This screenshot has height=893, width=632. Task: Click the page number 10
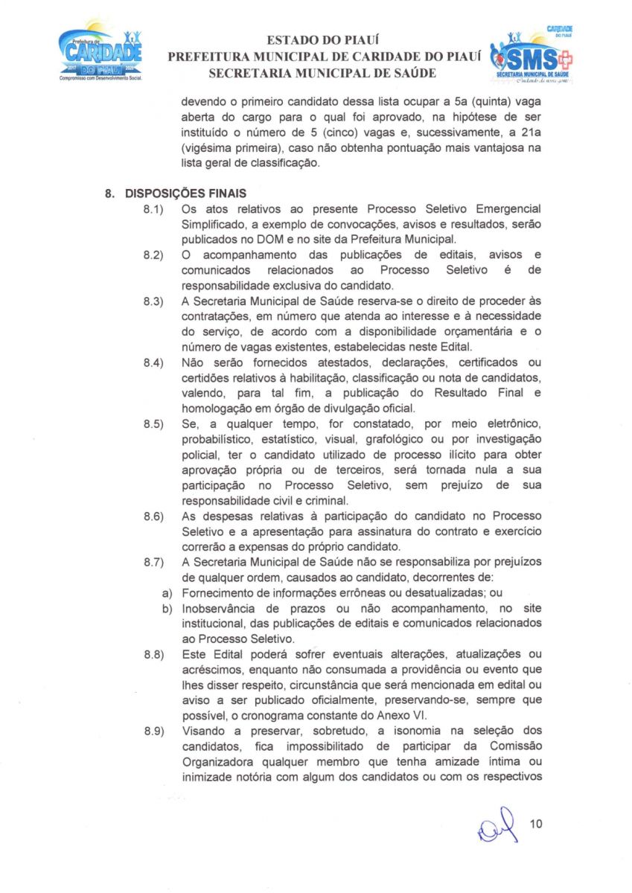(x=536, y=824)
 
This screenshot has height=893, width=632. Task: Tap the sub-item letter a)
(x=168, y=593)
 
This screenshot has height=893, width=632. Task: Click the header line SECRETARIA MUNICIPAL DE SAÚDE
(x=322, y=73)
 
